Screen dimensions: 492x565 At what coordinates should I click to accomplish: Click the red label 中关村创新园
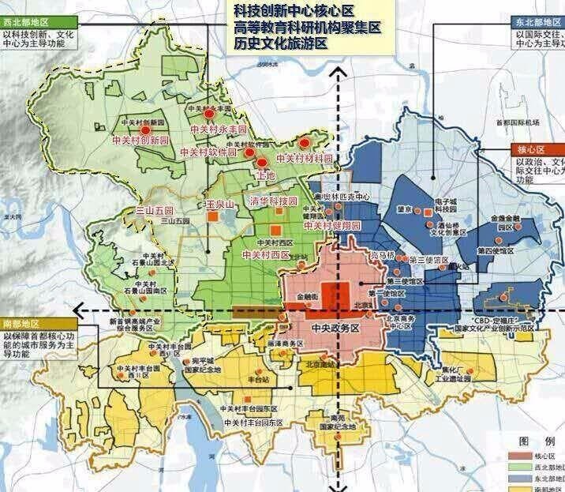point(141,139)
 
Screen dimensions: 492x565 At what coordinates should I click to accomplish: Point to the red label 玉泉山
point(220,204)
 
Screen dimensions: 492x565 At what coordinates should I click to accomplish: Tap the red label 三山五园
point(154,212)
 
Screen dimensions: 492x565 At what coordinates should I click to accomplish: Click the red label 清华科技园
point(273,200)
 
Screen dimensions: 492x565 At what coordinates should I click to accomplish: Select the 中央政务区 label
point(335,327)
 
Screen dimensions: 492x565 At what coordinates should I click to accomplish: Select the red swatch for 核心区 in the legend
point(520,456)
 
